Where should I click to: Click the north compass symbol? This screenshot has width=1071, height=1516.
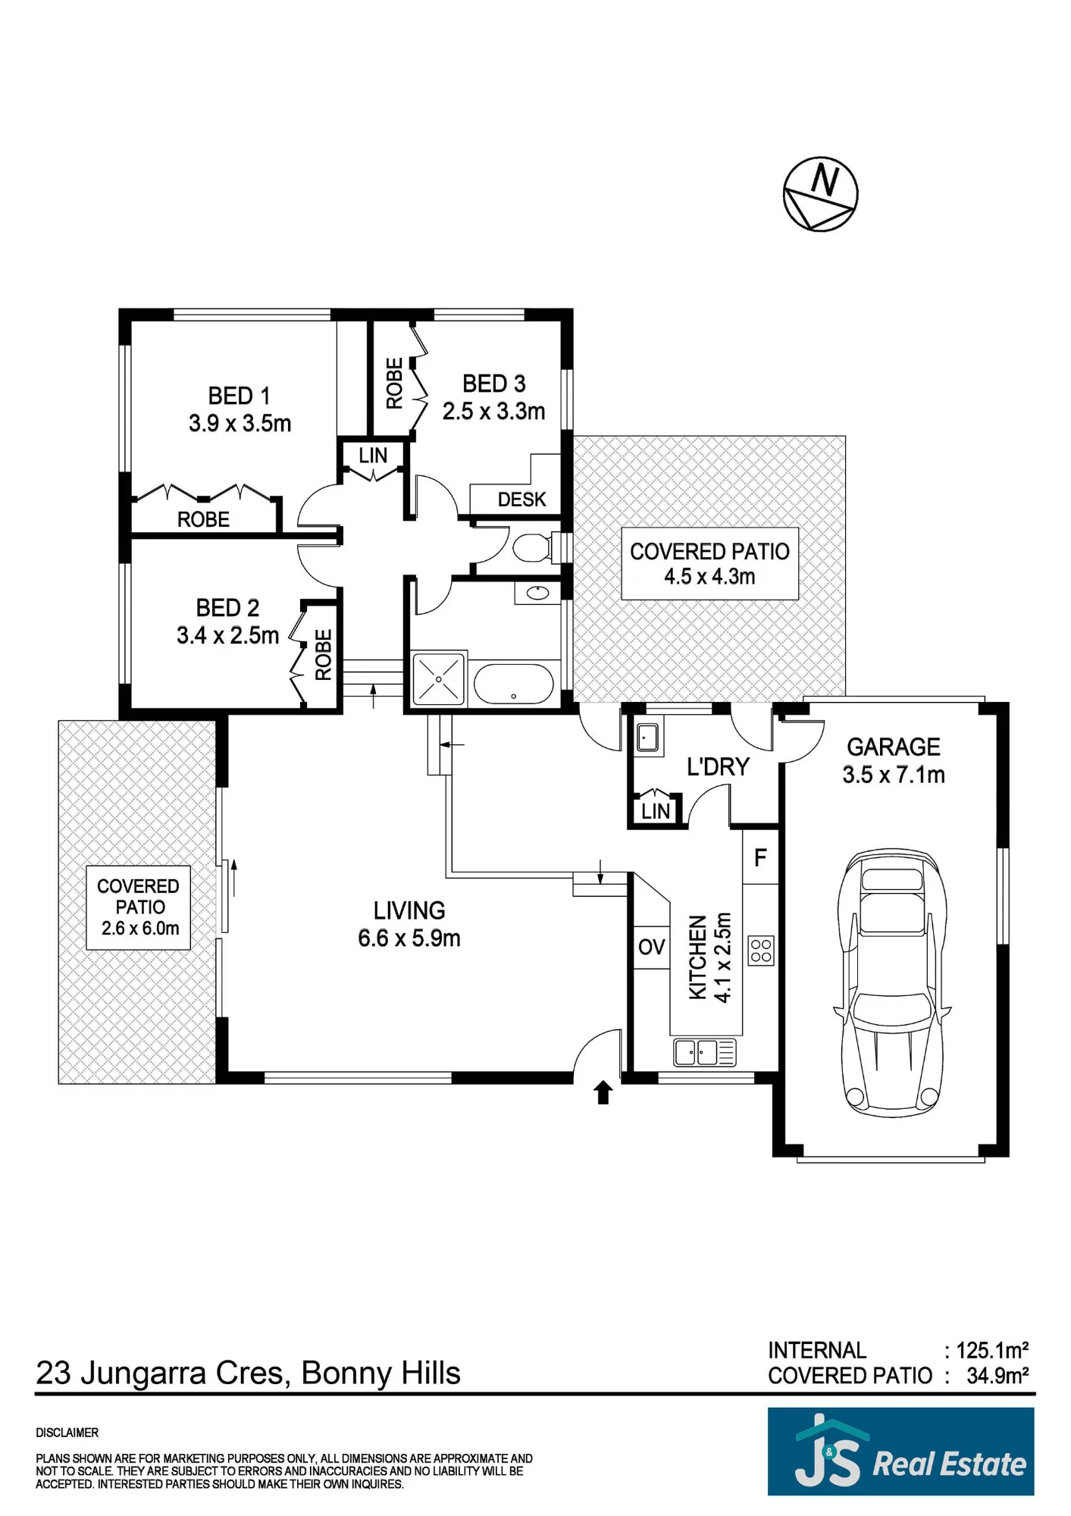coord(820,194)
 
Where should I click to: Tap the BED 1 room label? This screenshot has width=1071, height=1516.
coord(239,396)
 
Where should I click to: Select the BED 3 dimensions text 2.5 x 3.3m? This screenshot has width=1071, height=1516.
coord(493,411)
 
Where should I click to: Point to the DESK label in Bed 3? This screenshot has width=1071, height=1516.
coord(521,500)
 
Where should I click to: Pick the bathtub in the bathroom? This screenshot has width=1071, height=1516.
coord(513,684)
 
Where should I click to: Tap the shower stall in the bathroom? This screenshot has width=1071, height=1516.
coord(437,679)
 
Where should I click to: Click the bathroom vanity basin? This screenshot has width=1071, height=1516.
coord(537,593)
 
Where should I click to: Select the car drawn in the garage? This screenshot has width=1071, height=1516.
coord(892,982)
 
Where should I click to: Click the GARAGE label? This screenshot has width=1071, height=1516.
coord(893,747)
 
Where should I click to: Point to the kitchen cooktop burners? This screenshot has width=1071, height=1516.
coord(761,951)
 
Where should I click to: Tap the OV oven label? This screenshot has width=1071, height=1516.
coord(651,947)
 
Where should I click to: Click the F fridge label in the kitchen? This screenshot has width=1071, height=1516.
coord(760,857)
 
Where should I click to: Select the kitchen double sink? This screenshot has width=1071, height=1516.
coord(705,1052)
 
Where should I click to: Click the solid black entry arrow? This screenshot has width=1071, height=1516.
coord(603,1092)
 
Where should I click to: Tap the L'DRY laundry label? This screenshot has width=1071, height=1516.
coord(717,766)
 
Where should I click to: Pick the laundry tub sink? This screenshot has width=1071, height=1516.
coord(647,737)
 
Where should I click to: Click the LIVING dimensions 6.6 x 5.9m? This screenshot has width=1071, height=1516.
coord(409,938)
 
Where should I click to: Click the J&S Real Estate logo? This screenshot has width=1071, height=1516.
coord(900,1451)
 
